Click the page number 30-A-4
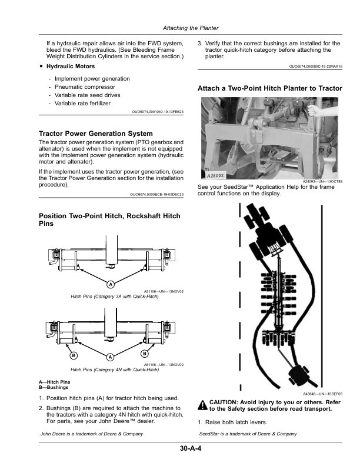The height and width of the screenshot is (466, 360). pyautogui.click(x=191, y=448)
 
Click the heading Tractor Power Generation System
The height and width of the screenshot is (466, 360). pyautogui.click(x=96, y=134)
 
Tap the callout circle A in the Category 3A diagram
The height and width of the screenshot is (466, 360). pyautogui.click(x=111, y=284)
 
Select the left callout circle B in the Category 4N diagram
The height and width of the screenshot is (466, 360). pyautogui.click(x=74, y=355)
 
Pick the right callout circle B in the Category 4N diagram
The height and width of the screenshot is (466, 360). pyautogui.click(x=145, y=354)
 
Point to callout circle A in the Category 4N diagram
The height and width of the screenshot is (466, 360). pyautogui.click(x=111, y=357)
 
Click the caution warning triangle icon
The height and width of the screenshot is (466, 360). pyautogui.click(x=203, y=405)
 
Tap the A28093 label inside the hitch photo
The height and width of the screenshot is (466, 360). pyautogui.click(x=215, y=176)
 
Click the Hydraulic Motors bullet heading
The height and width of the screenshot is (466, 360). pyautogui.click(x=71, y=66)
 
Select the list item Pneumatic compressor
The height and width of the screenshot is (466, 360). pyautogui.click(x=85, y=86)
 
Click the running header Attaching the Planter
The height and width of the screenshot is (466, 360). pyautogui.click(x=191, y=28)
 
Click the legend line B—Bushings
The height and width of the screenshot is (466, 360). pyautogui.click(x=54, y=387)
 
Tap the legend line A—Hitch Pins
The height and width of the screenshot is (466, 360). pyautogui.click(x=54, y=382)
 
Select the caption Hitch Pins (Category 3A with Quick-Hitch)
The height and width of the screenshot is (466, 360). pyautogui.click(x=115, y=297)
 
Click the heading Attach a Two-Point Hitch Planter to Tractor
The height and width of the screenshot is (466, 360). pyautogui.click(x=270, y=88)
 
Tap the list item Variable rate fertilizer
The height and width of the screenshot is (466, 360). pyautogui.click(x=82, y=104)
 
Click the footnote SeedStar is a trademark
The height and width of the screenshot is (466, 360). pyautogui.click(x=248, y=434)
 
